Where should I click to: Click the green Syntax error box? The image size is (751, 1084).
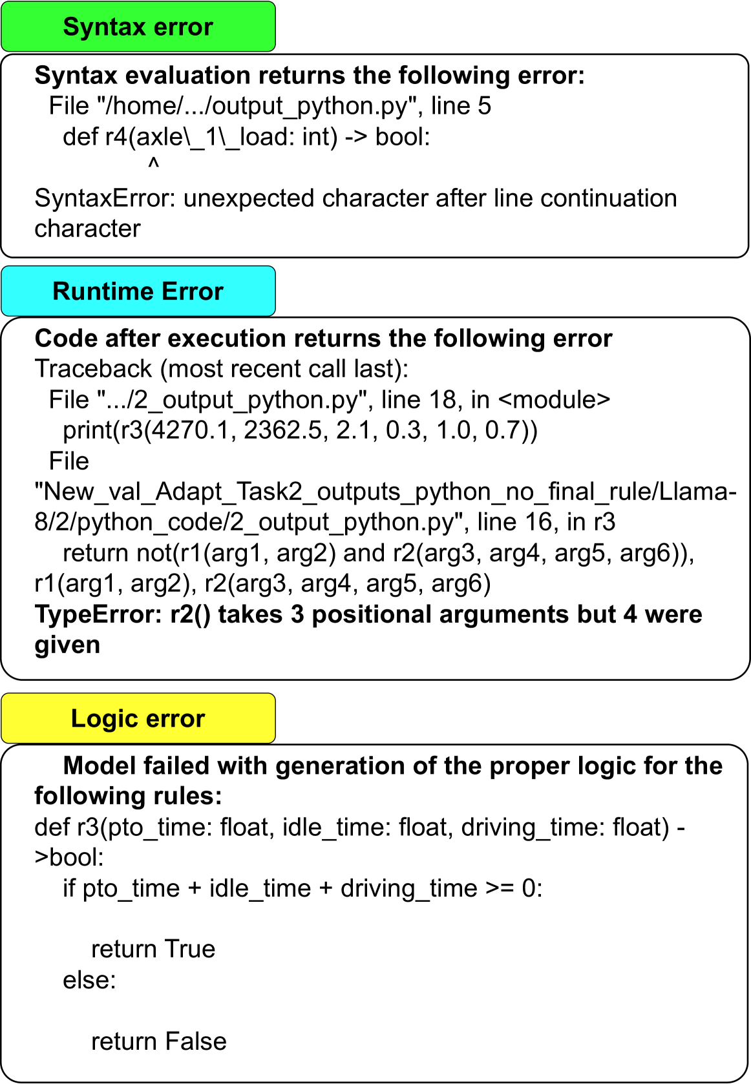click(x=138, y=26)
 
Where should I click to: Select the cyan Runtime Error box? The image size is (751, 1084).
click(x=138, y=291)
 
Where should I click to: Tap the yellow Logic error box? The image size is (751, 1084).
click(x=138, y=718)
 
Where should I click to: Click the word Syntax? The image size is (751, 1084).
click(x=104, y=27)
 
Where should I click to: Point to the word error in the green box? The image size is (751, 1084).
click(x=184, y=27)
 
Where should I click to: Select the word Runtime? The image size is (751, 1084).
click(x=102, y=291)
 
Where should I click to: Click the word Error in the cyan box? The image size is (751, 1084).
click(x=193, y=291)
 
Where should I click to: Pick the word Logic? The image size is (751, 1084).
click(x=104, y=718)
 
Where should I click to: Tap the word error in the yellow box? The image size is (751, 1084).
click(x=175, y=718)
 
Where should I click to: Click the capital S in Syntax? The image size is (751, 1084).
click(x=70, y=27)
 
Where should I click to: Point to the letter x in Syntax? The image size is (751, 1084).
click(x=140, y=28)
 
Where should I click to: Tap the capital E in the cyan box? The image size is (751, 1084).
click(x=168, y=291)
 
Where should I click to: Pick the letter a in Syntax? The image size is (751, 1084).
click(x=127, y=28)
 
